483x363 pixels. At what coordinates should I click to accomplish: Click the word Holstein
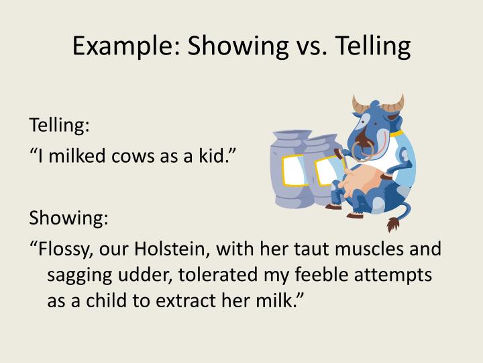point(166,249)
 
